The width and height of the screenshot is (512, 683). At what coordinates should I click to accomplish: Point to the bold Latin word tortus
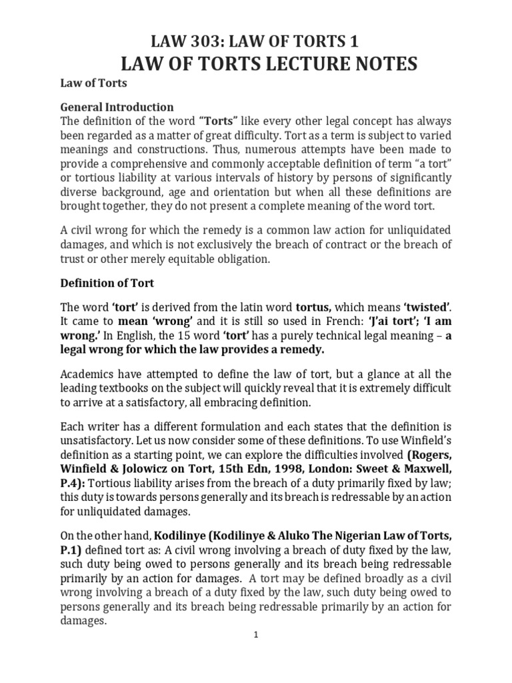(x=313, y=307)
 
